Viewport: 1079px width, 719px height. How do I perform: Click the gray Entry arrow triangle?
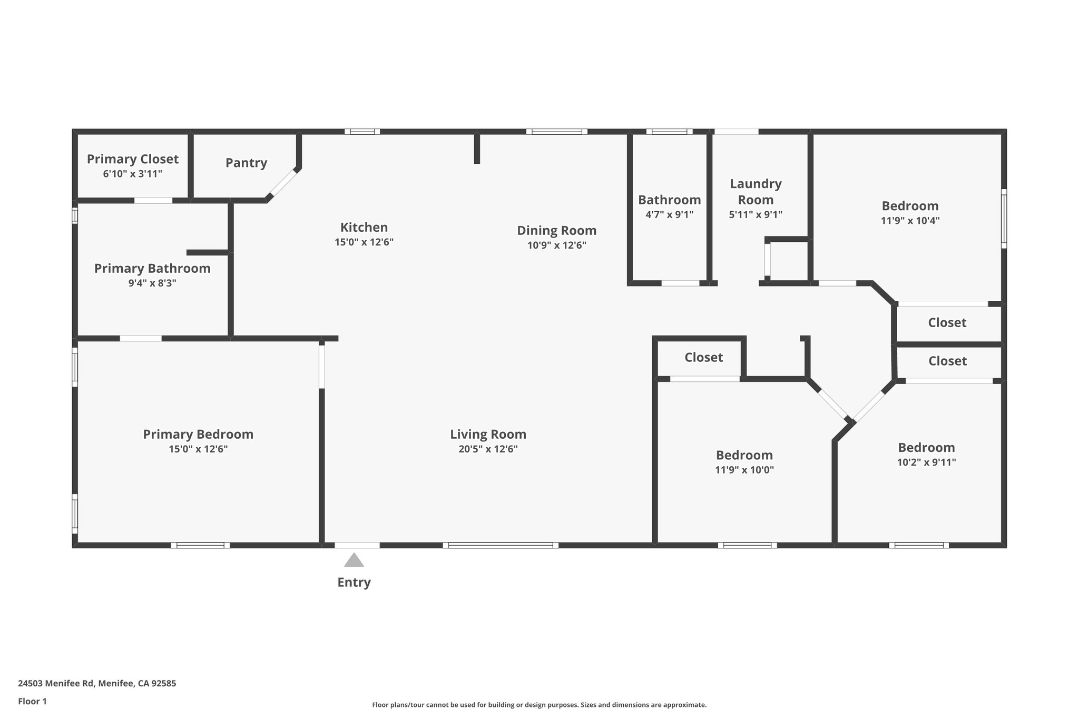point(354,560)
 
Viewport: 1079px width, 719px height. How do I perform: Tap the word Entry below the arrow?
point(354,583)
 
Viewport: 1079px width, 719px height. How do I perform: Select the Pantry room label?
point(246,163)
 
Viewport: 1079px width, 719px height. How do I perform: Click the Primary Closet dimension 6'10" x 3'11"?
point(133,174)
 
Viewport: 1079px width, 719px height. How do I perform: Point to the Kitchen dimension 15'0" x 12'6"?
point(364,242)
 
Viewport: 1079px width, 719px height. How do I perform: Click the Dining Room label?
point(556,230)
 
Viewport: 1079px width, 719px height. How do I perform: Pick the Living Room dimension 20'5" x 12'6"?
point(488,449)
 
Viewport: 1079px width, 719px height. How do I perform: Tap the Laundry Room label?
point(756,192)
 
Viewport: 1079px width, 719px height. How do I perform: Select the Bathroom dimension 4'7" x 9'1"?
point(669,215)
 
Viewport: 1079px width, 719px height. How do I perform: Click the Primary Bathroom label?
point(152,269)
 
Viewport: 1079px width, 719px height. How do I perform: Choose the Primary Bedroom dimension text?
point(198,449)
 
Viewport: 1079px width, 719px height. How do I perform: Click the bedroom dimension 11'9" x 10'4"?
point(910,221)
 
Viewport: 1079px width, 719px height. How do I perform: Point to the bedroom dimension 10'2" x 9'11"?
point(926,462)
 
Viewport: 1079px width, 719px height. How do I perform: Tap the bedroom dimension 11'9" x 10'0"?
point(744,470)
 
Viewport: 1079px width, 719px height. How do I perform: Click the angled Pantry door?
point(283,183)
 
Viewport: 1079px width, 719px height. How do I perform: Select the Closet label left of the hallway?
point(703,358)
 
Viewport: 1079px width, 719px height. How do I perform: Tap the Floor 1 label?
point(32,702)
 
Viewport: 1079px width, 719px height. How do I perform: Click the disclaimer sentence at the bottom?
point(539,705)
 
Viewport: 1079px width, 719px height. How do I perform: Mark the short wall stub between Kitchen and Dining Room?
point(477,149)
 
